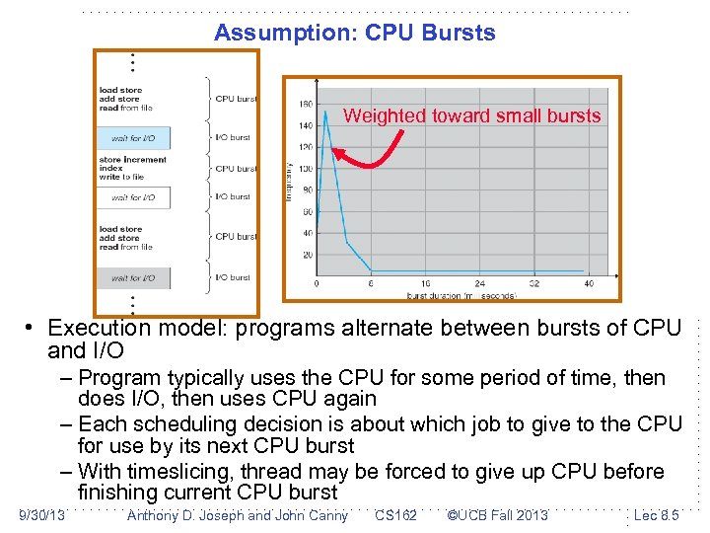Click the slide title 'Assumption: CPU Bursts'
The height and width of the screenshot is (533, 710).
[354, 33]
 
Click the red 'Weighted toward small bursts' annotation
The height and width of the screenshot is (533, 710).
[471, 115]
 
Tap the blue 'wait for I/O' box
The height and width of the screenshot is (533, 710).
[133, 138]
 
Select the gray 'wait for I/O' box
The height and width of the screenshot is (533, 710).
[133, 277]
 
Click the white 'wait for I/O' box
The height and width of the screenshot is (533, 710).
[133, 197]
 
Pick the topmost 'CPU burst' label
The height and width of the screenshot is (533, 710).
[236, 99]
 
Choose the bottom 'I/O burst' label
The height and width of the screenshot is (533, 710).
[234, 277]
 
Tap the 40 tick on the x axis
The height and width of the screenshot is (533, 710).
[590, 283]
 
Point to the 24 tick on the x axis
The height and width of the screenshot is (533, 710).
[480, 283]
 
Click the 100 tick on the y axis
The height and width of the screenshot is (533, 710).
[306, 169]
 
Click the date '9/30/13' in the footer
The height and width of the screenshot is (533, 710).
[42, 515]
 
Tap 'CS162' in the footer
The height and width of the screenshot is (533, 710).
[395, 515]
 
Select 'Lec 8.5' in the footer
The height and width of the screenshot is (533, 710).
[656, 515]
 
